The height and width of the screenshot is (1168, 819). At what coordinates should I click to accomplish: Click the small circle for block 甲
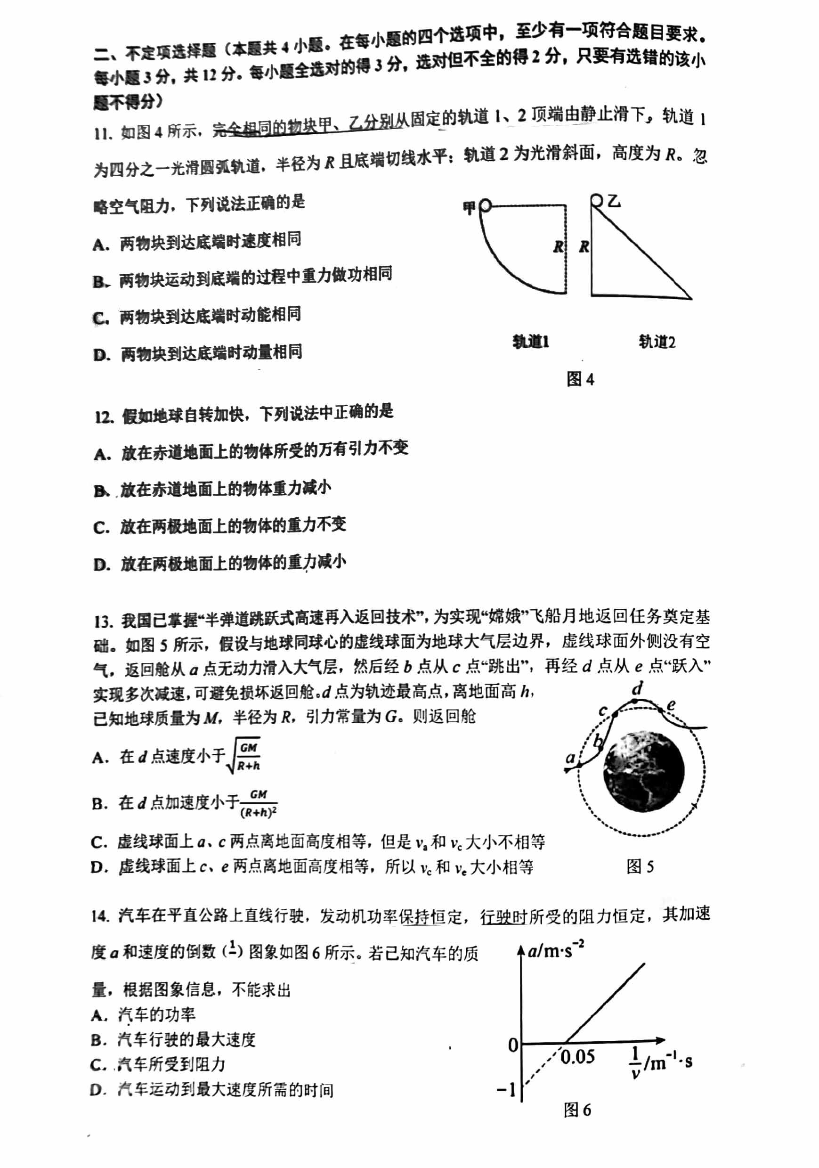coord(485,205)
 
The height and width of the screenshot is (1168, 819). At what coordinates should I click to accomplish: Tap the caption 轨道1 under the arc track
coord(530,341)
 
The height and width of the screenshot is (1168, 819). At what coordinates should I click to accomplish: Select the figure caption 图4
coord(580,379)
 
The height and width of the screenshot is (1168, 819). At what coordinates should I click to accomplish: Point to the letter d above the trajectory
coord(637,689)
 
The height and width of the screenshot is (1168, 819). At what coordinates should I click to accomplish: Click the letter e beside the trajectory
coord(671,705)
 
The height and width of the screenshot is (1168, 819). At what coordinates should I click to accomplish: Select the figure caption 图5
coord(640,866)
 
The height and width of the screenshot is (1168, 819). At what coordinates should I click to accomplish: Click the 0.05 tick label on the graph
coord(577,1057)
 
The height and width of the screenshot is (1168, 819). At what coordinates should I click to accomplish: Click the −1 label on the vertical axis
coord(506,1090)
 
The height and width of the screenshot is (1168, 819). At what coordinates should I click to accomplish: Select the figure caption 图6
coord(577,1110)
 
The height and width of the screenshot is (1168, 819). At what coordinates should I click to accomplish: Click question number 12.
coord(103,417)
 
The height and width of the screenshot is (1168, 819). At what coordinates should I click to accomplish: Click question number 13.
coord(103,621)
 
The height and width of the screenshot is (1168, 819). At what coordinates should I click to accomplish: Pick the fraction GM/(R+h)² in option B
coord(258,803)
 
